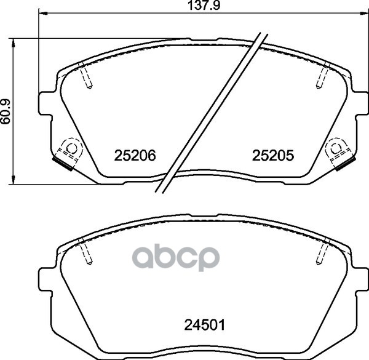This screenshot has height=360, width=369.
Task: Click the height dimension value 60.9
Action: (x=7, y=112)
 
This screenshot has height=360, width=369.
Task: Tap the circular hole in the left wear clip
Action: (x=69, y=148)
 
